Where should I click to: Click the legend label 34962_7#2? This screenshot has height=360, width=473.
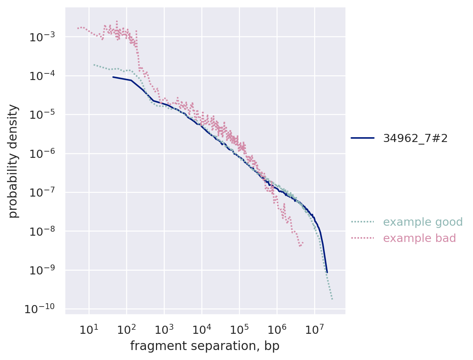pyautogui.click(x=415, y=138)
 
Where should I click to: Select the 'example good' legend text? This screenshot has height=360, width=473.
pyautogui.click(x=422, y=222)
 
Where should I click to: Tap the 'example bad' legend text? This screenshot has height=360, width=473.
pyautogui.click(x=419, y=238)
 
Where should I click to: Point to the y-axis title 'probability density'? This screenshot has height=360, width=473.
pyautogui.click(x=13, y=161)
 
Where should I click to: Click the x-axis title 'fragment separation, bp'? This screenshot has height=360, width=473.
pyautogui.click(x=205, y=346)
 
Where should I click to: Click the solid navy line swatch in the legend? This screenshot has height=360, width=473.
pyautogui.click(x=362, y=138)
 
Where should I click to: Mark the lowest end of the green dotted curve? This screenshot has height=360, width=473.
pyautogui.click(x=332, y=299)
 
